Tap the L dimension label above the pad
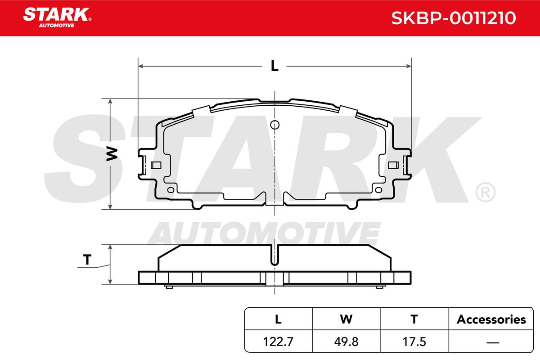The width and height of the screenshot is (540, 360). click(274, 66)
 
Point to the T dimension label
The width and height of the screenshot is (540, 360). click(87, 260)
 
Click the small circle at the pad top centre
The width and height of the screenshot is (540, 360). click(275, 125)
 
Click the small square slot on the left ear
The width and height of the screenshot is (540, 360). click(157, 165)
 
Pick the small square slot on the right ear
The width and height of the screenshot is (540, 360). click(392, 165)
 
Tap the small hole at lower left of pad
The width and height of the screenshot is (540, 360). click(170, 189)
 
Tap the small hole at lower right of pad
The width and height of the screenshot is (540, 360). click(379, 189)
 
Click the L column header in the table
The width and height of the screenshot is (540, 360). click(278, 319)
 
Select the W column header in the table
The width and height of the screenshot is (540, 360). click(346, 319)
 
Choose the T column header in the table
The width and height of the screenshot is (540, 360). click(414, 319)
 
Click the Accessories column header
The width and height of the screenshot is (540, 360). click(491, 319)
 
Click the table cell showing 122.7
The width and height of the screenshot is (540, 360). click(278, 342)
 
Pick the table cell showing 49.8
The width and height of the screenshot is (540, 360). click(346, 342)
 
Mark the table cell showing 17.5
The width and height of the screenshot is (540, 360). click(414, 342)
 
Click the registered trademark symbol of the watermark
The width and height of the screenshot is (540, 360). click(485, 193)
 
